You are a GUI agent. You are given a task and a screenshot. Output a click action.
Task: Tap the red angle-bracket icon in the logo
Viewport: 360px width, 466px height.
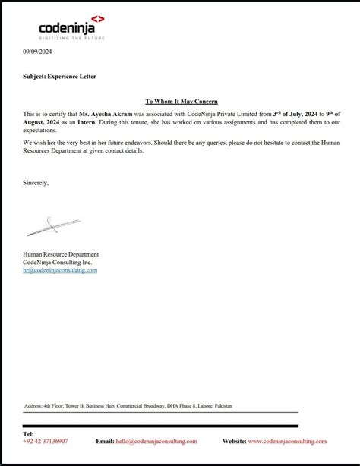[x=100, y=18]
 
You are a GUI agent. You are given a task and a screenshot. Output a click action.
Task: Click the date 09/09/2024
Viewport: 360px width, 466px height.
[x=37, y=51]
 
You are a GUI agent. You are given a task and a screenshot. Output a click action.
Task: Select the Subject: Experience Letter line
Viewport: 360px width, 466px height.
[x=59, y=77]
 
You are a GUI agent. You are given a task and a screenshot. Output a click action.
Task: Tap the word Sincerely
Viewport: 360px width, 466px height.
[x=36, y=182]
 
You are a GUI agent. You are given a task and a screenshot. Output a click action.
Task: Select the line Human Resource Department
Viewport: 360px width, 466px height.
[x=61, y=254]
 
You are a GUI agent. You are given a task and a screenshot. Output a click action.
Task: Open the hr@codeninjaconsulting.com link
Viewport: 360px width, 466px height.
[x=60, y=270]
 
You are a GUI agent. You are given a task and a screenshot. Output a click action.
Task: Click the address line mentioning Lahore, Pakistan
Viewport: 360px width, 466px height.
[x=128, y=407]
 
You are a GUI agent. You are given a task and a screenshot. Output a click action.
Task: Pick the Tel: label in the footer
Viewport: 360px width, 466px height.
[x=29, y=434]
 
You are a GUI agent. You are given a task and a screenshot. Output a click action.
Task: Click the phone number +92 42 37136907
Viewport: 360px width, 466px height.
[x=46, y=441]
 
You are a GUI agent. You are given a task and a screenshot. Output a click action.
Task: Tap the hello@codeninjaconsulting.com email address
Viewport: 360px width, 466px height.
[x=156, y=441]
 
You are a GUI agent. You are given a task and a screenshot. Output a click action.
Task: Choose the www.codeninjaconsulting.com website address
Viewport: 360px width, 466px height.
[x=287, y=441]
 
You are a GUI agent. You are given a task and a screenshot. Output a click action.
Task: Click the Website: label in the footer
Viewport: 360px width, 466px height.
[x=234, y=441]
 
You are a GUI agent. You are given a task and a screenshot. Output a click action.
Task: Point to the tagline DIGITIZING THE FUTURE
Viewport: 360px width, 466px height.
[x=73, y=38]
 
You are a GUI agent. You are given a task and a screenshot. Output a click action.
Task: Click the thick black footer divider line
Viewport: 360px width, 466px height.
[x=159, y=427]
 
